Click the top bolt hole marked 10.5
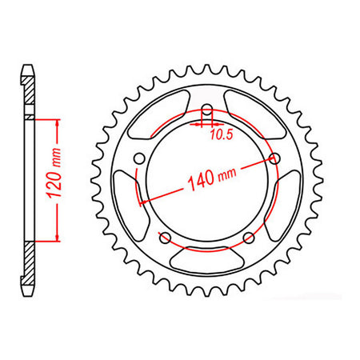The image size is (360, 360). [x=207, y=110]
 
